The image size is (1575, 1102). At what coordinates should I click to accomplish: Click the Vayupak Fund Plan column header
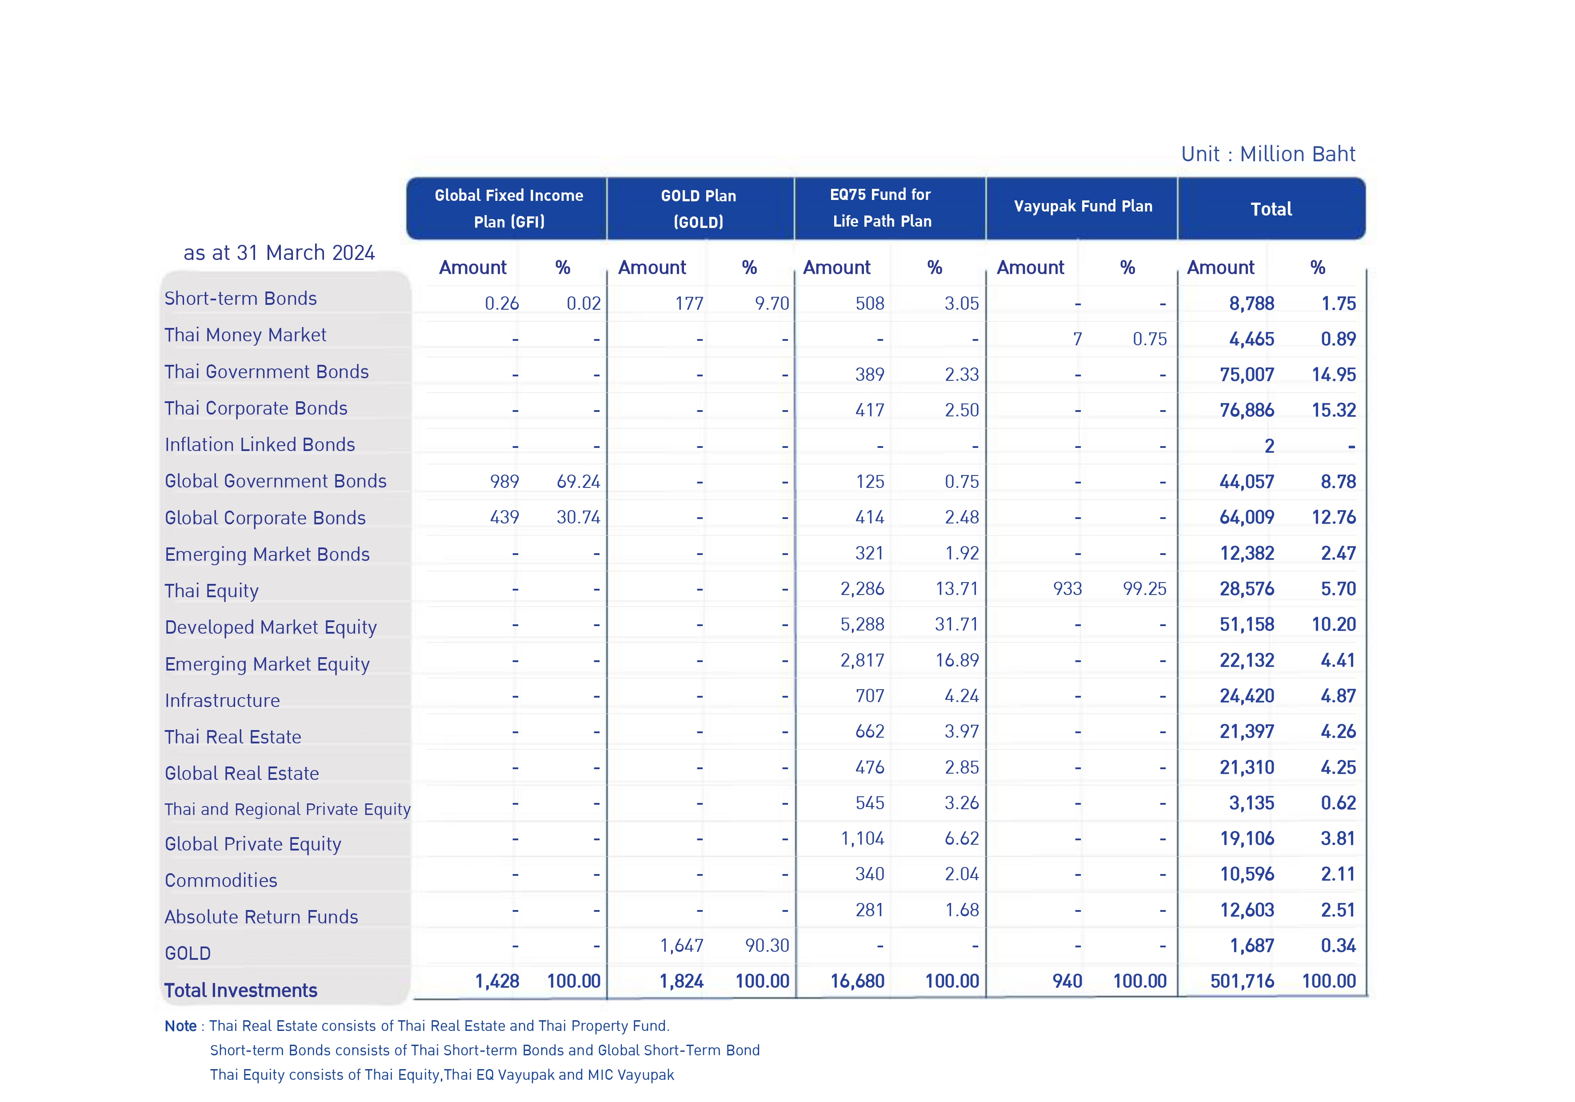coord(1083,207)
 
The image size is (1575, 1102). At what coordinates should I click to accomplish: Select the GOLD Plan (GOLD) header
coord(698,208)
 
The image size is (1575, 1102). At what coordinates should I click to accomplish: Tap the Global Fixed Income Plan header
coord(509,208)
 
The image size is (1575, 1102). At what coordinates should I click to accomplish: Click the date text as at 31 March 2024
coord(279,252)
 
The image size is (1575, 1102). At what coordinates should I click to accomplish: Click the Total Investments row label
coord(241,990)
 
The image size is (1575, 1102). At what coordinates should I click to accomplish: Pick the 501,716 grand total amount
coord(1242,981)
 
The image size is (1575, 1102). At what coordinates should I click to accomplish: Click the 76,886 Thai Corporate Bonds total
coord(1247,410)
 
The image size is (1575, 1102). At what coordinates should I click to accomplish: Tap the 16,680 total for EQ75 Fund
coord(857,981)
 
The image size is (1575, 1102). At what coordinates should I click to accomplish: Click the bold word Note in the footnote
coord(180,1026)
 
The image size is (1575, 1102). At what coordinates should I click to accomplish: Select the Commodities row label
coord(221,881)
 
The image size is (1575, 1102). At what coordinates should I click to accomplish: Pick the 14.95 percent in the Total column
coord(1334,375)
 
